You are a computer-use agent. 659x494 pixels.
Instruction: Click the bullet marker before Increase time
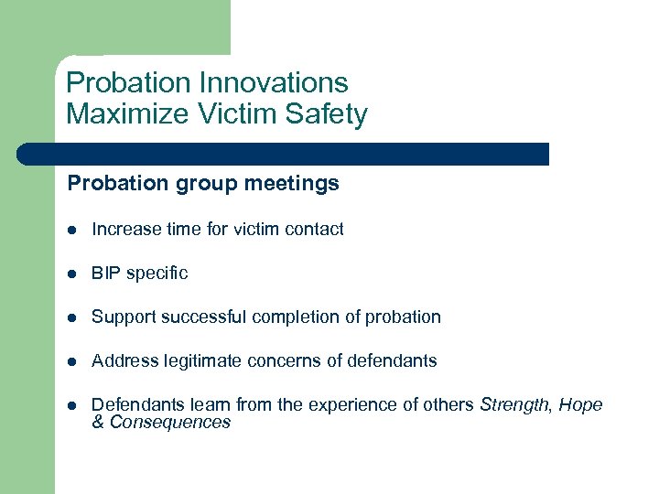coord(72,230)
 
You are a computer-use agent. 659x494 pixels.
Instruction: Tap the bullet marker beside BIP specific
coord(72,274)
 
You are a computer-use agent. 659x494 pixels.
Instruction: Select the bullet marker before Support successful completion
coord(72,317)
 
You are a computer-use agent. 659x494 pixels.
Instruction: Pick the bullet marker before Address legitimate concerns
coord(72,361)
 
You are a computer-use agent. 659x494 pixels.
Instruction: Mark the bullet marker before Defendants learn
coord(72,405)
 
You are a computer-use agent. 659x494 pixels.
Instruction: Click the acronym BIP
coord(106,273)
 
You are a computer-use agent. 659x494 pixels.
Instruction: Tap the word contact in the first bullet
coord(315,229)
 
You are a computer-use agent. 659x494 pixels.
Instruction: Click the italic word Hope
coord(580,404)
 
